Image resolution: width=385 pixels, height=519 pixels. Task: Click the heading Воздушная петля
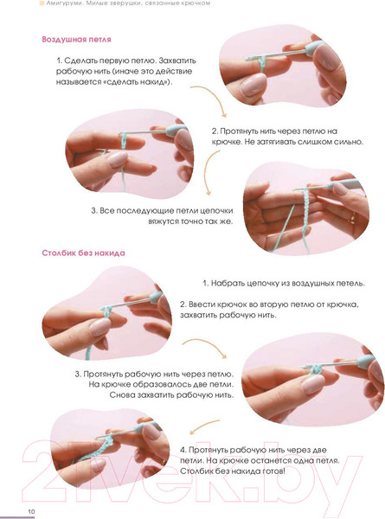[x=76, y=40]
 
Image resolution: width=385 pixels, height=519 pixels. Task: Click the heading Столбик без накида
[x=83, y=253]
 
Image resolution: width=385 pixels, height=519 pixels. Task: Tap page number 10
[x=31, y=511]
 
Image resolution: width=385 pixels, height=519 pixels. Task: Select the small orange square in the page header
[x=42, y=3]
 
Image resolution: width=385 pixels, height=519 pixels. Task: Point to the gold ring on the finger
[x=353, y=218]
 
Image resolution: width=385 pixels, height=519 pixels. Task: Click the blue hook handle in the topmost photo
[x=313, y=48]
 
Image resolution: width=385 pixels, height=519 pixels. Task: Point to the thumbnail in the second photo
[x=117, y=159]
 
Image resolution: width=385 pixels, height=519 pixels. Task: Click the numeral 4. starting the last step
[x=183, y=450]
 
